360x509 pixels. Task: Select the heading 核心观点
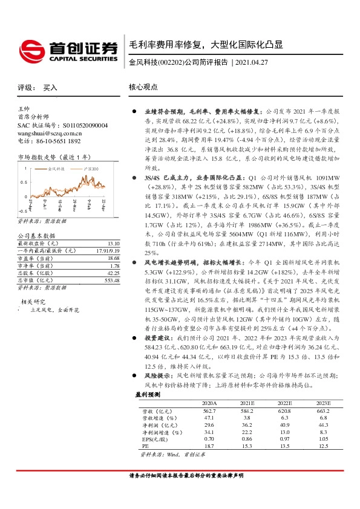[143, 87]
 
